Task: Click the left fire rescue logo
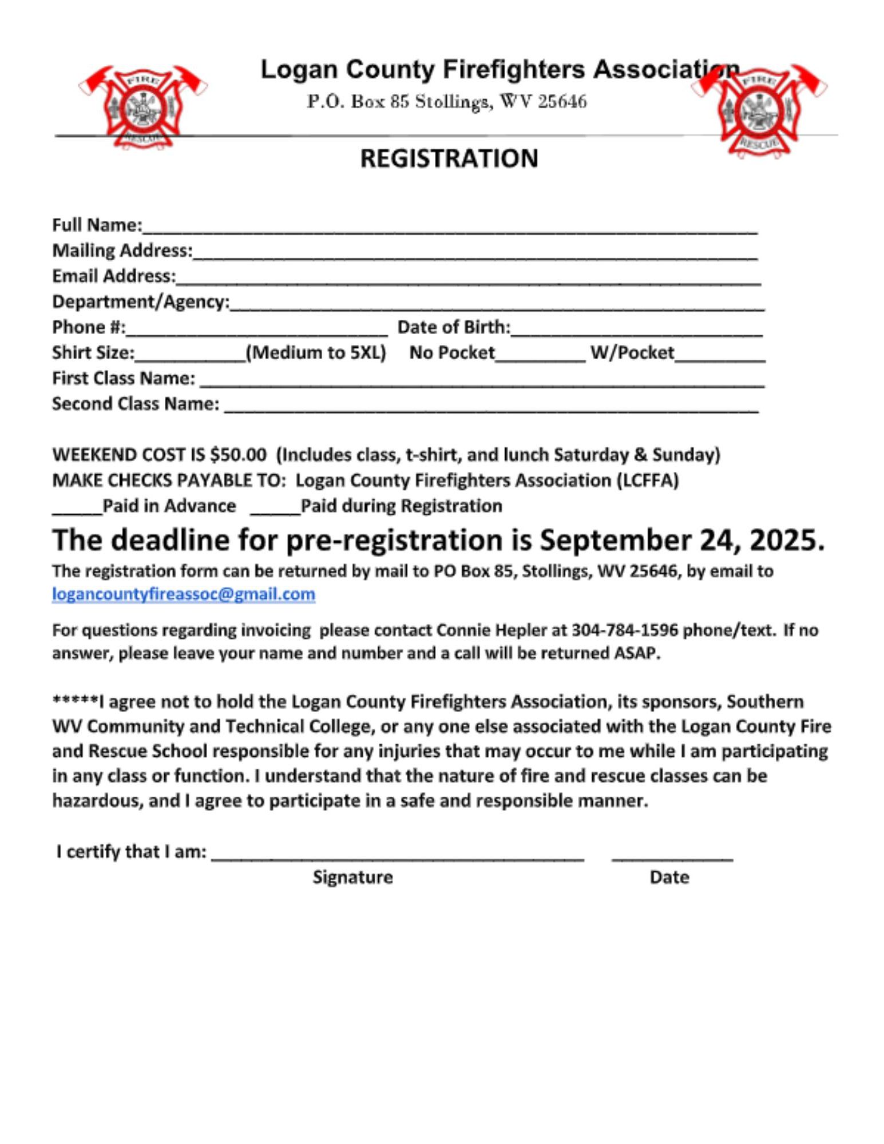pos(143,108)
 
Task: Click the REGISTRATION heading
pos(449,158)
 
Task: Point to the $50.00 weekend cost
pos(238,455)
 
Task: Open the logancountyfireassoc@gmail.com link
pos(183,594)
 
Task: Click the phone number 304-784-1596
pos(625,630)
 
